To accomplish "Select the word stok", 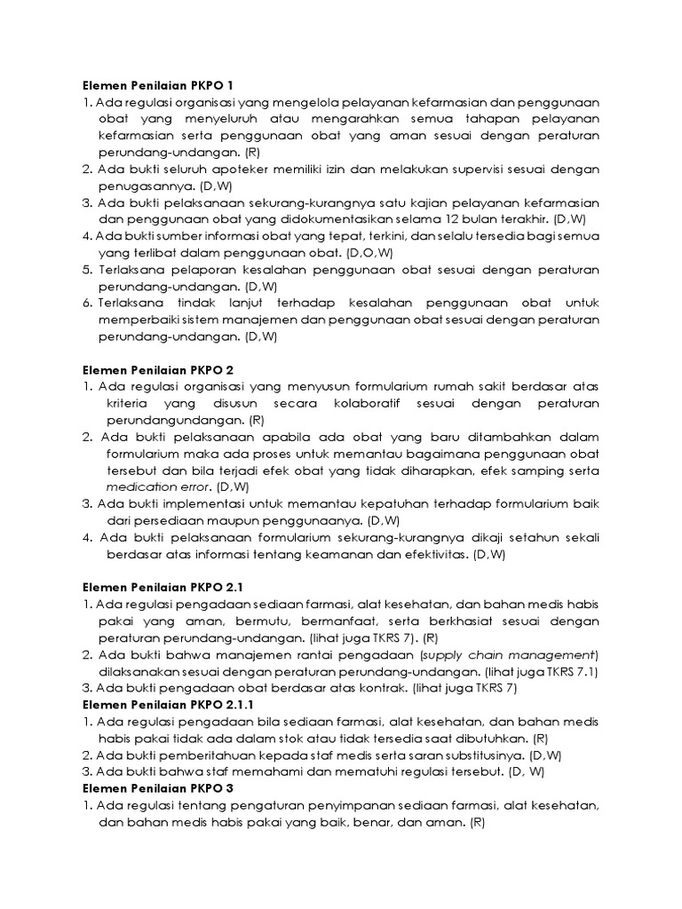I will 300,738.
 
